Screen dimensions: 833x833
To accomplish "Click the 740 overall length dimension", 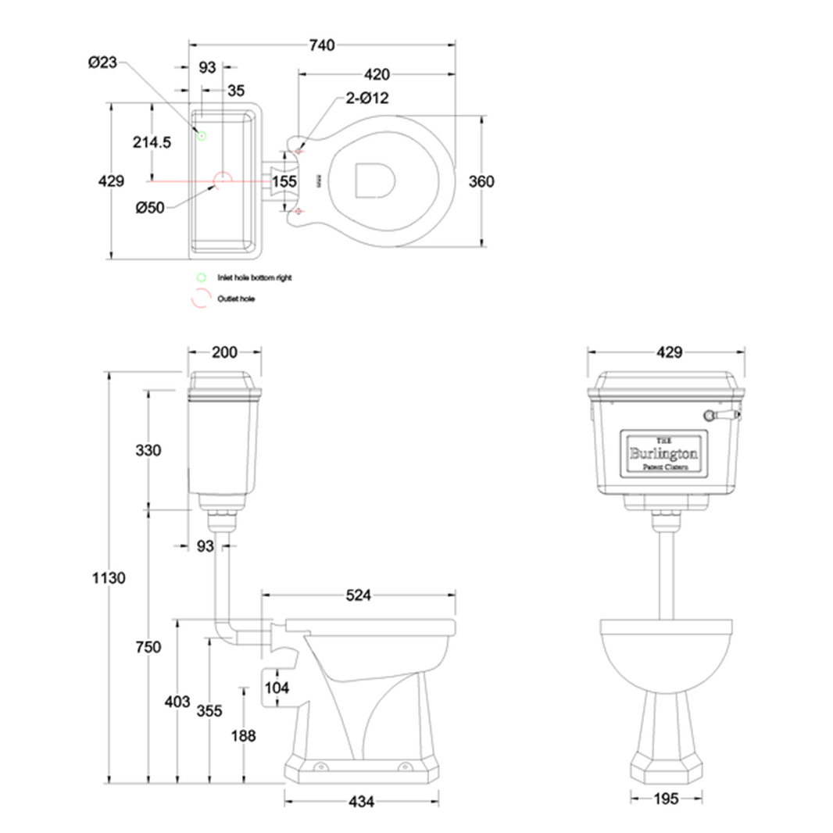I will pos(321,45).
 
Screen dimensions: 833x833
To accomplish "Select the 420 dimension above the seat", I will pos(377,75).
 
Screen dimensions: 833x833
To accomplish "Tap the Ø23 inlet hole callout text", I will pos(102,63).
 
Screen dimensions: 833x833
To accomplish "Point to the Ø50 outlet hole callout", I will pos(150,208).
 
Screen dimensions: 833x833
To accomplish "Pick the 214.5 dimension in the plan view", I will pos(151,141).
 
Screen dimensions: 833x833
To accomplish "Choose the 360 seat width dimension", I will pos(481,181).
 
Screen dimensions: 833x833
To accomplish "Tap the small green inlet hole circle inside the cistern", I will pos(201,135).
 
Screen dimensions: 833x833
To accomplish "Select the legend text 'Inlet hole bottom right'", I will pos(254,277).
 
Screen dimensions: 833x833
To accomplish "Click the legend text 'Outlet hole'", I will pos(236,299).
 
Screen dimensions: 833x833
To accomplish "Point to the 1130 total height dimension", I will pos(109,578).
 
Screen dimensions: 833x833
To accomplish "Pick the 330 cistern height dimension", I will pos(148,450).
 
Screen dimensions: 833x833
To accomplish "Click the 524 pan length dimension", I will pos(359,595).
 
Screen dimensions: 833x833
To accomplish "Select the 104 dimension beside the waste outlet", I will pos(276,688).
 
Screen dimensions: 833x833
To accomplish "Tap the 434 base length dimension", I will pos(361,801).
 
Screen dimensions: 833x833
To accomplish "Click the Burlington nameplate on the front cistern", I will pos(664,453).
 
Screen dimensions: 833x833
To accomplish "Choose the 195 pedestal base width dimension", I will pos(666,799).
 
